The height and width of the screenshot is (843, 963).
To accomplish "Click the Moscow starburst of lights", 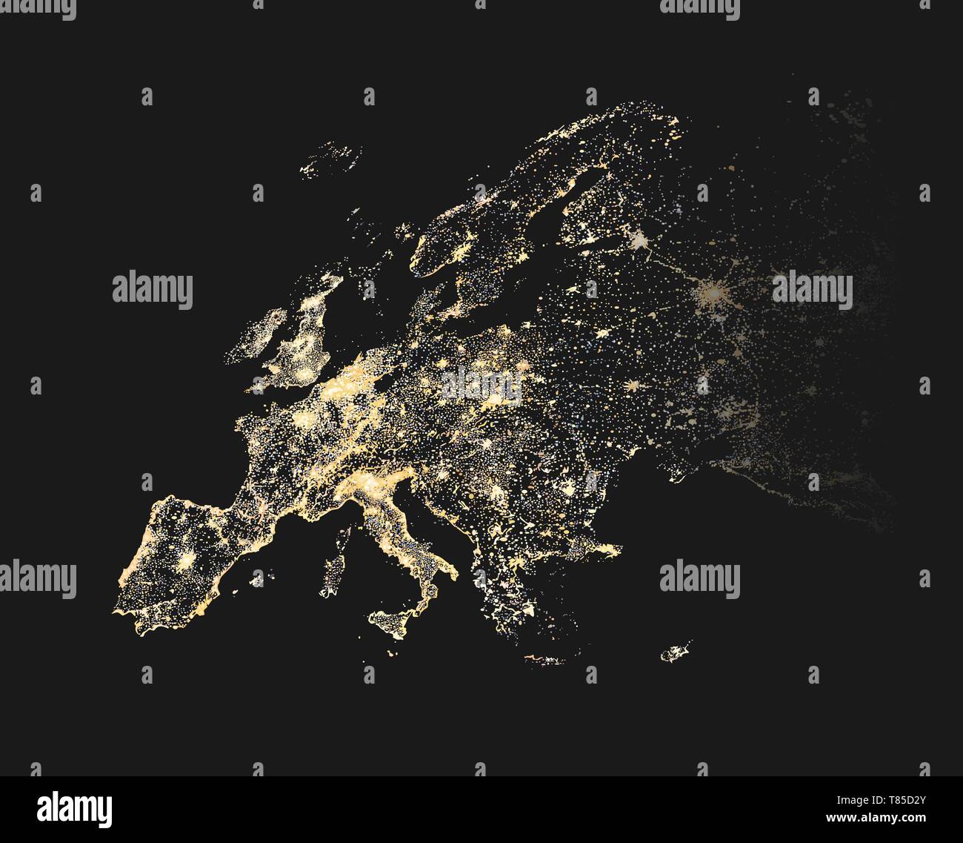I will click(716, 292).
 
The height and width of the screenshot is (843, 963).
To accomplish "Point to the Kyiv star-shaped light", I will click(632, 386).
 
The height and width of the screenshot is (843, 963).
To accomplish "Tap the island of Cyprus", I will click(675, 652).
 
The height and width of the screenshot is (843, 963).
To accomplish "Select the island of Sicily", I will click(393, 621).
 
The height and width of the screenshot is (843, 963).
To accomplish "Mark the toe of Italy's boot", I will click(424, 602).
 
